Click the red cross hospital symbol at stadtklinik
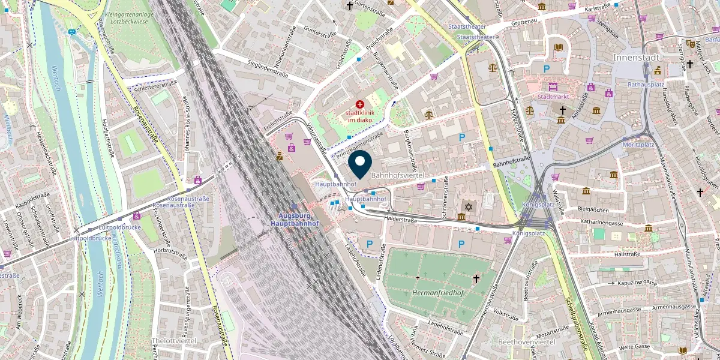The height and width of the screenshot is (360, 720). tap(360, 104)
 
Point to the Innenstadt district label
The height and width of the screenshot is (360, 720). tap(636, 58)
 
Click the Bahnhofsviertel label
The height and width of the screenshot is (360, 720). tap(398, 175)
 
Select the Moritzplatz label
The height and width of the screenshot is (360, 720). tap(638, 145)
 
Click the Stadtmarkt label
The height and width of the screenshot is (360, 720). tap(553, 97)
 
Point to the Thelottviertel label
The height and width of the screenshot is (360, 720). tap(174, 340)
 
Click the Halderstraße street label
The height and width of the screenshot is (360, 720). tap(400, 220)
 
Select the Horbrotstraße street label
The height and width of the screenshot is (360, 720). tap(171, 251)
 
